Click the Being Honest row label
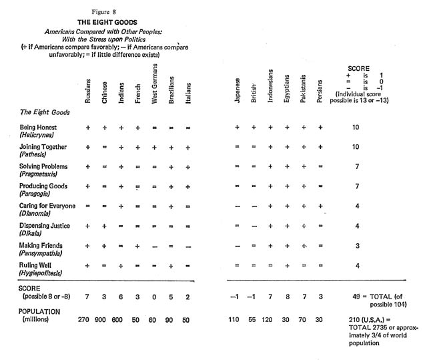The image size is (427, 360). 38,126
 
